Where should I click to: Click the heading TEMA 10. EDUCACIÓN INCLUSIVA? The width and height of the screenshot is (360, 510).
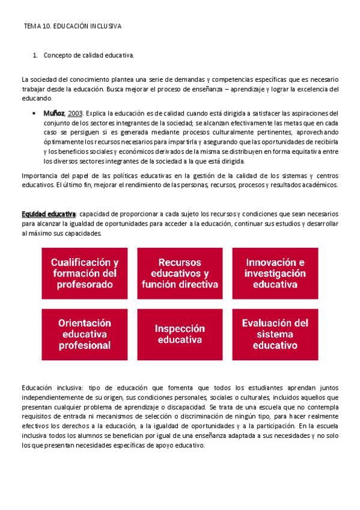[73, 27]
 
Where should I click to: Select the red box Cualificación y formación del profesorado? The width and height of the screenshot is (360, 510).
[85, 274]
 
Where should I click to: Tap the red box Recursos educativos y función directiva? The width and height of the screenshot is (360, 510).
[180, 274]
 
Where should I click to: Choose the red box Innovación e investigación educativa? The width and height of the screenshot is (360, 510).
[275, 274]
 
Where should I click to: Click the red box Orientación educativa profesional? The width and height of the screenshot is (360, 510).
[85, 334]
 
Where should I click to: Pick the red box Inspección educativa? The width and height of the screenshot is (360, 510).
[180, 334]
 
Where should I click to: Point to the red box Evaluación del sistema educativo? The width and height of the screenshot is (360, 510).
[275, 334]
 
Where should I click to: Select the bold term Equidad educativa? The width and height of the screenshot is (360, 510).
[49, 214]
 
